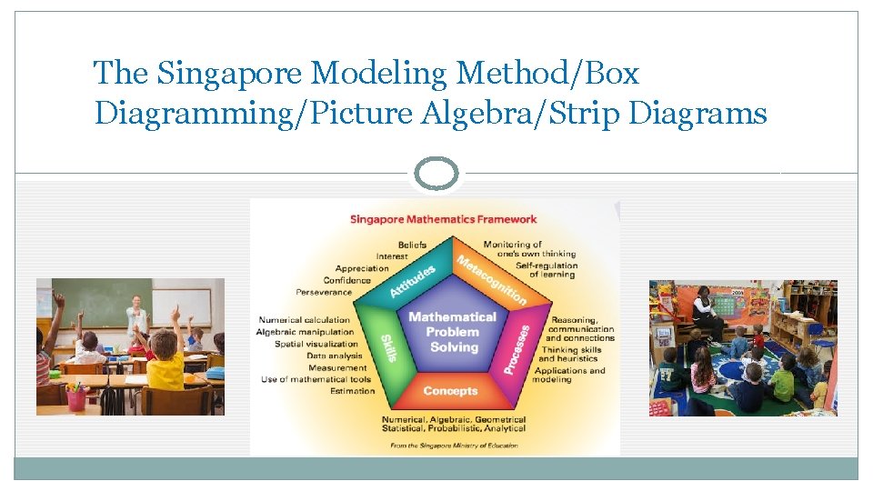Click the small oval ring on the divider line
pyautogui.click(x=436, y=173)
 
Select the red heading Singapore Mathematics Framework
pyautogui.click(x=443, y=218)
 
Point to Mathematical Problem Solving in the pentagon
pyautogui.click(x=453, y=332)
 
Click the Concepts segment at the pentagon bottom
pyautogui.click(x=450, y=391)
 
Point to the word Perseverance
pyautogui.click(x=323, y=292)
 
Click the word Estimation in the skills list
pyautogui.click(x=352, y=391)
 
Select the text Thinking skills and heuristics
pyautogui.click(x=569, y=354)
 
